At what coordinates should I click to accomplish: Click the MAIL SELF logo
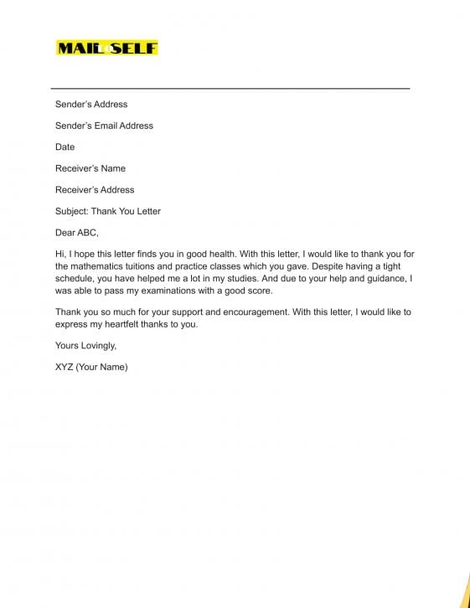pos(106,49)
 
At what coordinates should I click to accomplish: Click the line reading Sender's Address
pos(91,105)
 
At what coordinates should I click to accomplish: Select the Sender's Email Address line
pos(104,126)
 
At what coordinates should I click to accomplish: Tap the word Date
pos(65,147)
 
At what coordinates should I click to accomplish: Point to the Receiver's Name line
pos(90,168)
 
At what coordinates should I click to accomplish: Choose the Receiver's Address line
pos(95,190)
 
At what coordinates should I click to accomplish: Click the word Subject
pos(71,211)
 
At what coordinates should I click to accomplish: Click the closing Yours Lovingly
pos(85,345)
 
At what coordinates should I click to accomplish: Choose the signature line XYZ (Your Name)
pos(91,367)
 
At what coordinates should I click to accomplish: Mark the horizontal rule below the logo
pos(230,88)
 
